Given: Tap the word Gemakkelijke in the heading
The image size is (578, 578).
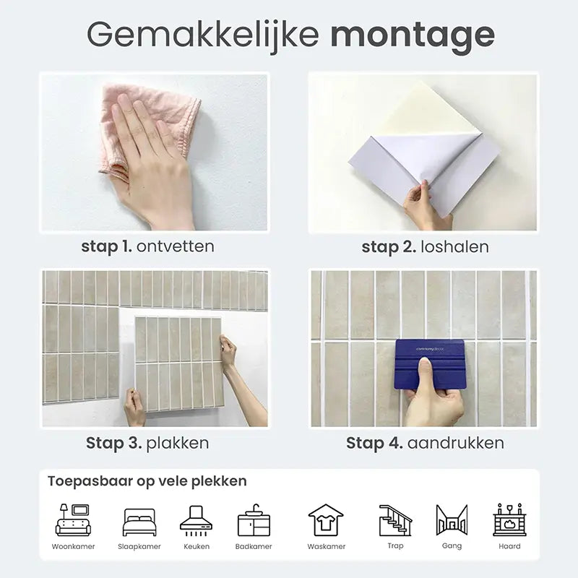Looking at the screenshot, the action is click(x=203, y=35).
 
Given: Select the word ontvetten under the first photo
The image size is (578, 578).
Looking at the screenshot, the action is click(x=175, y=246).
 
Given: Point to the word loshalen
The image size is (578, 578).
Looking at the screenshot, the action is click(x=454, y=246).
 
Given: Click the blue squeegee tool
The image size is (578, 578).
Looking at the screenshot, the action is click(x=430, y=364).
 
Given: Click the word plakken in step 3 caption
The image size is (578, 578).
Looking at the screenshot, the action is click(x=178, y=443).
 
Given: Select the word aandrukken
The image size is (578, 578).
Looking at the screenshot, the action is click(x=456, y=443).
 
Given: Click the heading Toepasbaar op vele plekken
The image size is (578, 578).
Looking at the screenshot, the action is click(x=147, y=481).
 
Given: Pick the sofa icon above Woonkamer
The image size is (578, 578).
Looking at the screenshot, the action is click(x=73, y=519).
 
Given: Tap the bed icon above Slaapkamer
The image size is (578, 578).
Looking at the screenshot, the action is click(x=139, y=522).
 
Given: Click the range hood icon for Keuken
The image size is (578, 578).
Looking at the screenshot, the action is click(x=196, y=520).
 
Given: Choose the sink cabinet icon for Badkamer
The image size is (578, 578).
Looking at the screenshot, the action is click(x=254, y=520).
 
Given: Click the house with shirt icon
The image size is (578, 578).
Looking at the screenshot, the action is click(x=326, y=520).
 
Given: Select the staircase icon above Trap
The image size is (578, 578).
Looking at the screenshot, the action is click(x=395, y=520).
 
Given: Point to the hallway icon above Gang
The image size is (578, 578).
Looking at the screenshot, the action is click(x=452, y=519).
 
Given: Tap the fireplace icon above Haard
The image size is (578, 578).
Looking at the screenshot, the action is click(x=509, y=519).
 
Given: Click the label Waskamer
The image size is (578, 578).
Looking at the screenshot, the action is click(x=327, y=546).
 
